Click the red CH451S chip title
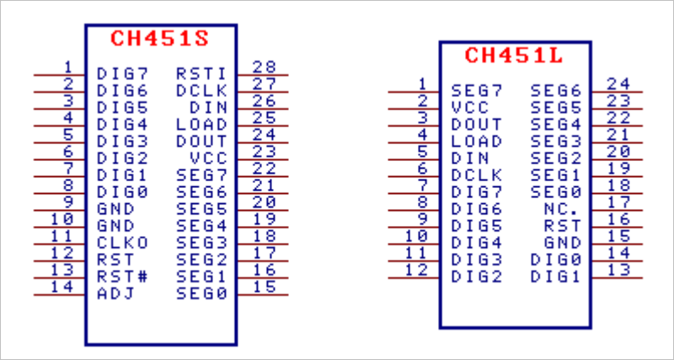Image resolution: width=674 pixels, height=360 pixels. (159, 40)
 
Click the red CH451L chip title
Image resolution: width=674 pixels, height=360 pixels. (513, 56)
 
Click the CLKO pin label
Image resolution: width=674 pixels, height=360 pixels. (122, 243)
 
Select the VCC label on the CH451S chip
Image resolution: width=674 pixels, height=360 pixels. (208, 159)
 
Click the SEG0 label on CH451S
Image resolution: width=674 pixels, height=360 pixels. (201, 293)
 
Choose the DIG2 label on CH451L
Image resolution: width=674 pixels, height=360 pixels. (476, 276)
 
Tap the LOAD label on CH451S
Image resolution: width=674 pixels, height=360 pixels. (201, 125)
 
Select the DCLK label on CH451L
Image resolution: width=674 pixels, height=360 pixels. (476, 175)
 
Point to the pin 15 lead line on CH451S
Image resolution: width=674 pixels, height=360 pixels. (263, 295)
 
